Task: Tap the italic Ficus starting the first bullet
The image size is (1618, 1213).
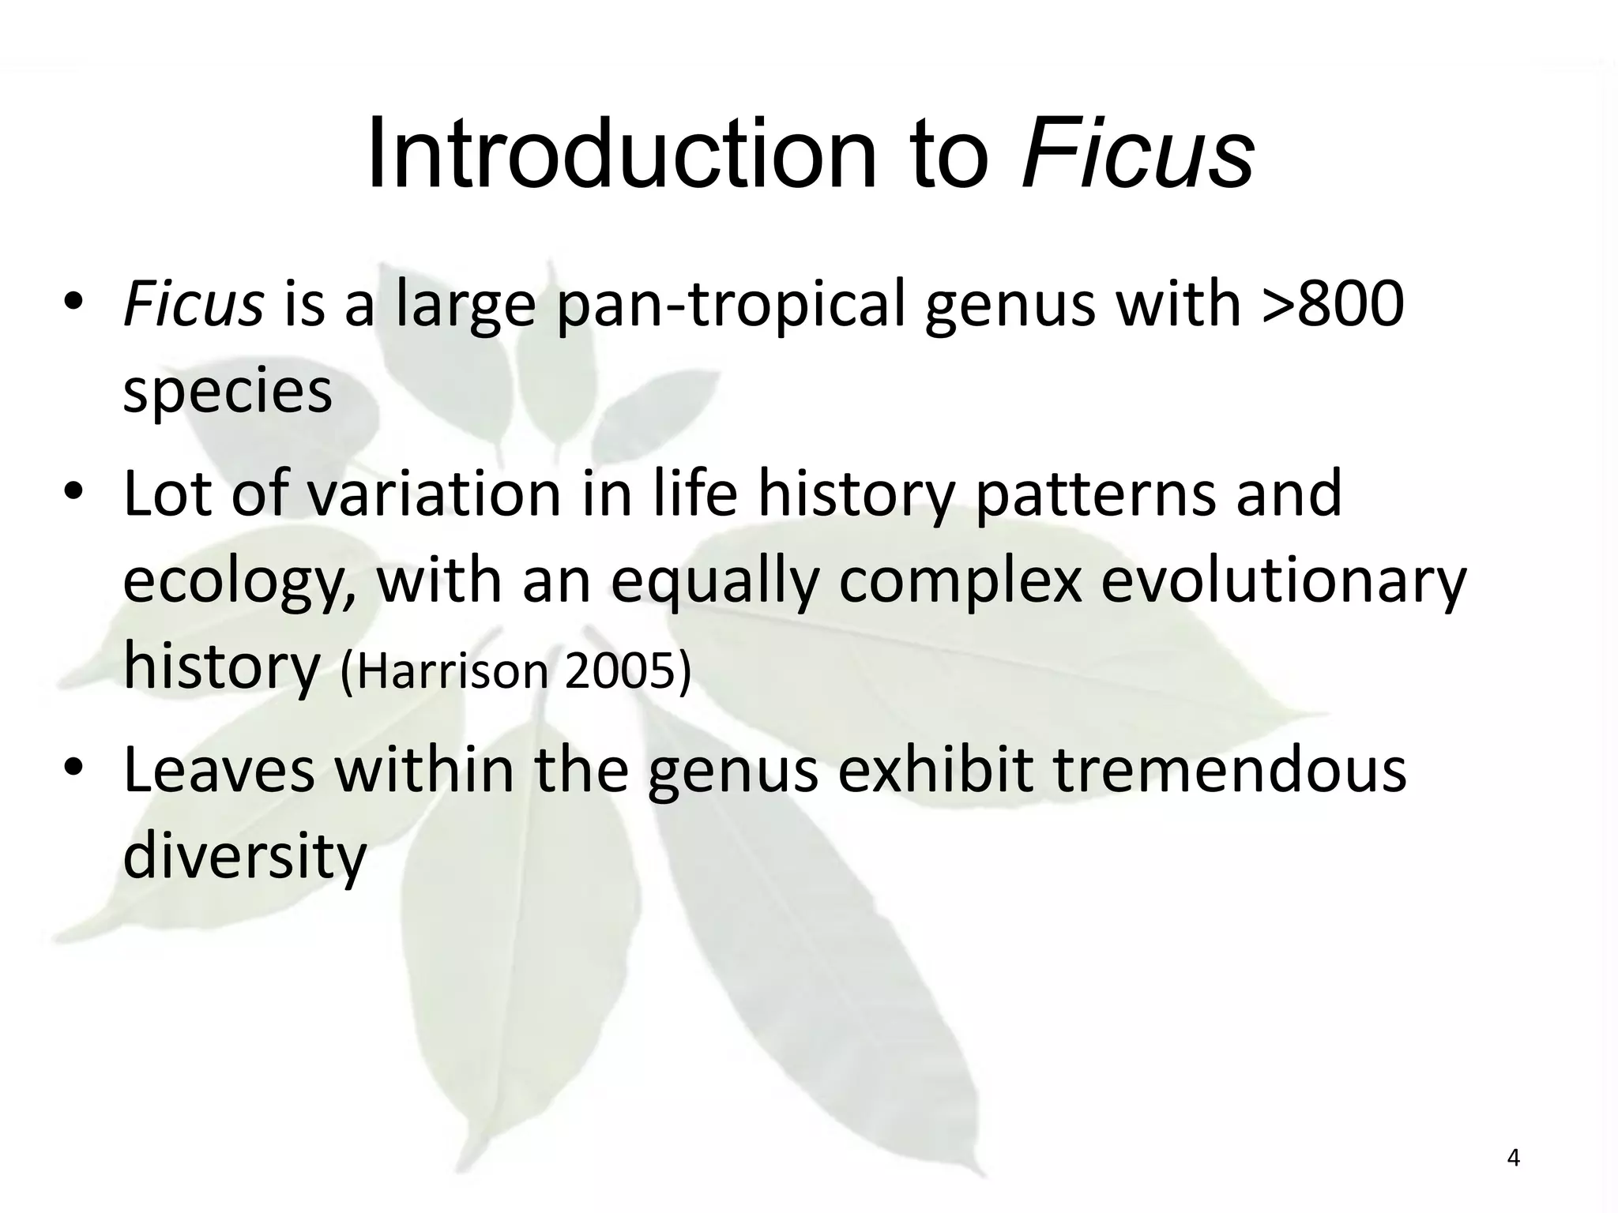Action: tap(193, 305)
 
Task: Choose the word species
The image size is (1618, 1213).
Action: tap(228, 392)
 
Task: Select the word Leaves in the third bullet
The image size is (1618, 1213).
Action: tap(219, 771)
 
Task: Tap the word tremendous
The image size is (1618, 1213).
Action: tap(1230, 771)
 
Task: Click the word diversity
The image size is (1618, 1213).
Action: tap(245, 858)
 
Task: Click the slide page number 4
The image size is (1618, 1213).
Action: tap(1513, 1158)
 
